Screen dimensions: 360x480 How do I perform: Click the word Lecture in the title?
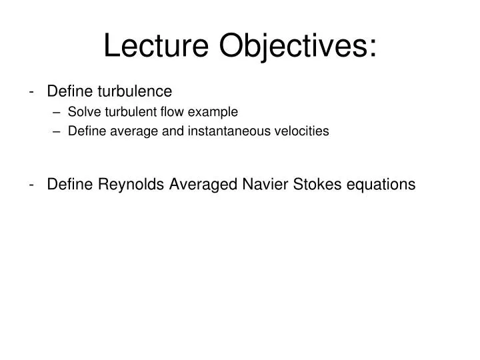(158, 45)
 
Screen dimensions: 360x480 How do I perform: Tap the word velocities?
(303, 131)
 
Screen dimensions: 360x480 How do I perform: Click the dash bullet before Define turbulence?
(33, 91)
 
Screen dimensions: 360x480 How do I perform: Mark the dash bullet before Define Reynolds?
(33, 185)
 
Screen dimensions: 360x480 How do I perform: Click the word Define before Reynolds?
(70, 184)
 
